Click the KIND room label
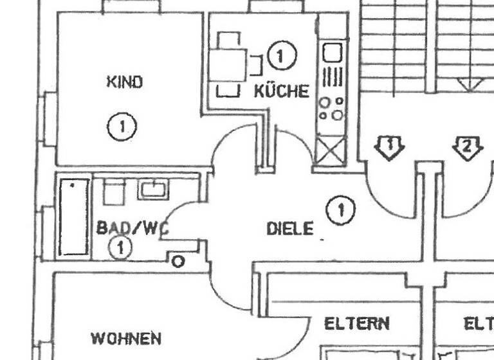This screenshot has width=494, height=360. [124, 82]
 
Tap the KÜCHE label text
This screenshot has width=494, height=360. [281, 91]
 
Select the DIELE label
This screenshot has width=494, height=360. [290, 228]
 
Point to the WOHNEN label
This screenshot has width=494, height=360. [125, 338]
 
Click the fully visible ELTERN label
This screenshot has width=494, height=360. [357, 323]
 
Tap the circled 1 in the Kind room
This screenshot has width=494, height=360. [122, 126]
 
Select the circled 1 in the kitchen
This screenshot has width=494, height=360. [280, 56]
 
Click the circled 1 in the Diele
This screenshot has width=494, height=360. [340, 210]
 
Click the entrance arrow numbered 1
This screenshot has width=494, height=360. [390, 147]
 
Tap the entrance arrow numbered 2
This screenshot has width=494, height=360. [468, 147]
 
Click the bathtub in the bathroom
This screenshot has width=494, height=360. [74, 217]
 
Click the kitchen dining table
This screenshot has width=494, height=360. [228, 64]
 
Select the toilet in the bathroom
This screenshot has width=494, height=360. [114, 192]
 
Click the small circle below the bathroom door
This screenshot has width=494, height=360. [178, 262]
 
